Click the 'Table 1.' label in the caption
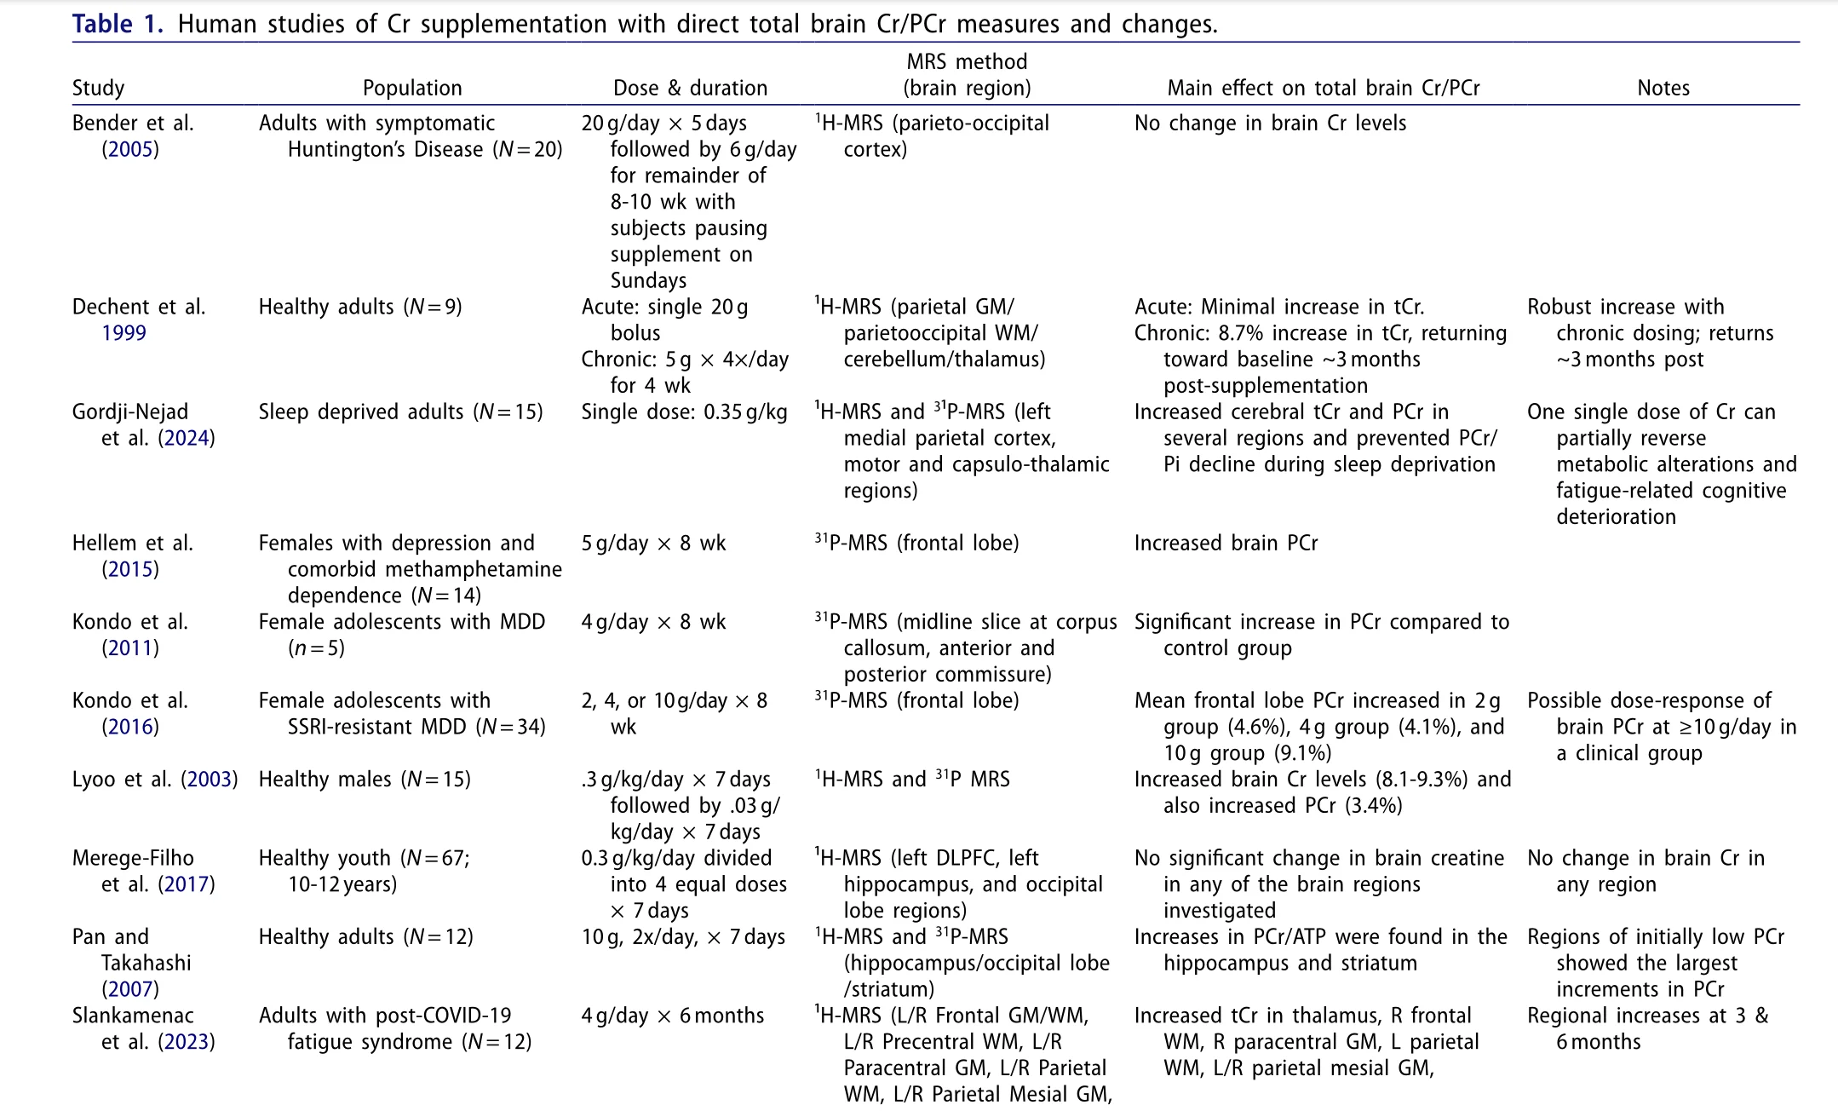[117, 24]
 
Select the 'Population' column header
[412, 88]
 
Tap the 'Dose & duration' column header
[690, 88]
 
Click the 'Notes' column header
[1663, 88]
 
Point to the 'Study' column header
[98, 88]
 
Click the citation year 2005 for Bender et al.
[130, 150]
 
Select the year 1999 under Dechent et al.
[123, 333]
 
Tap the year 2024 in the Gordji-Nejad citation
[186, 439]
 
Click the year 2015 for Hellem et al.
[130, 570]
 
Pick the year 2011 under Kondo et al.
[130, 648]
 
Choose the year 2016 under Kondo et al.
[130, 727]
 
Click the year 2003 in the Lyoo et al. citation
[209, 780]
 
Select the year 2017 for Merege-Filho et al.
[186, 884]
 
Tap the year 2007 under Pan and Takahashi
[130, 989]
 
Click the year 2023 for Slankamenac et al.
[186, 1042]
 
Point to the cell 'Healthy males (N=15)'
[365, 780]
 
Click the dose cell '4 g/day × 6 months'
[673, 1016]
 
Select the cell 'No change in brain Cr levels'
[1270, 124]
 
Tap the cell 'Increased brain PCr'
[1226, 544]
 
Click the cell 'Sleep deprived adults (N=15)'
[400, 412]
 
